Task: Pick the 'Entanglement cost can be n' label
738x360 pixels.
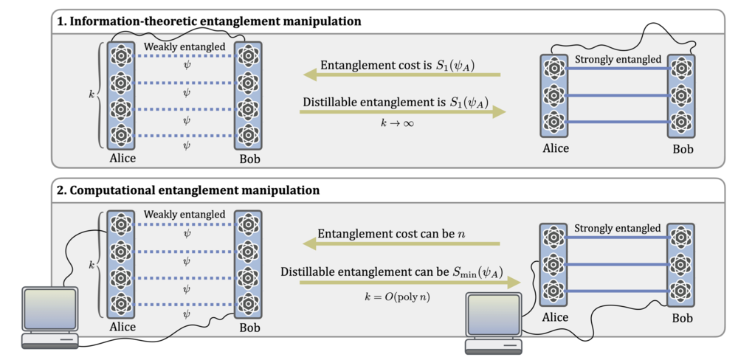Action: (x=391, y=235)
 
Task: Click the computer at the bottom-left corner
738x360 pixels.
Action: (x=49, y=316)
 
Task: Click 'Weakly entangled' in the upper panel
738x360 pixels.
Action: (x=184, y=46)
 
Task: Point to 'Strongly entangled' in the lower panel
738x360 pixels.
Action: (x=618, y=228)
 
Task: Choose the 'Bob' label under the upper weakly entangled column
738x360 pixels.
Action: (x=249, y=159)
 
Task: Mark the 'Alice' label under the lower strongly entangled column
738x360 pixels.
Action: (x=556, y=317)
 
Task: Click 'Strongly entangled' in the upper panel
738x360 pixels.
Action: (x=618, y=59)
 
